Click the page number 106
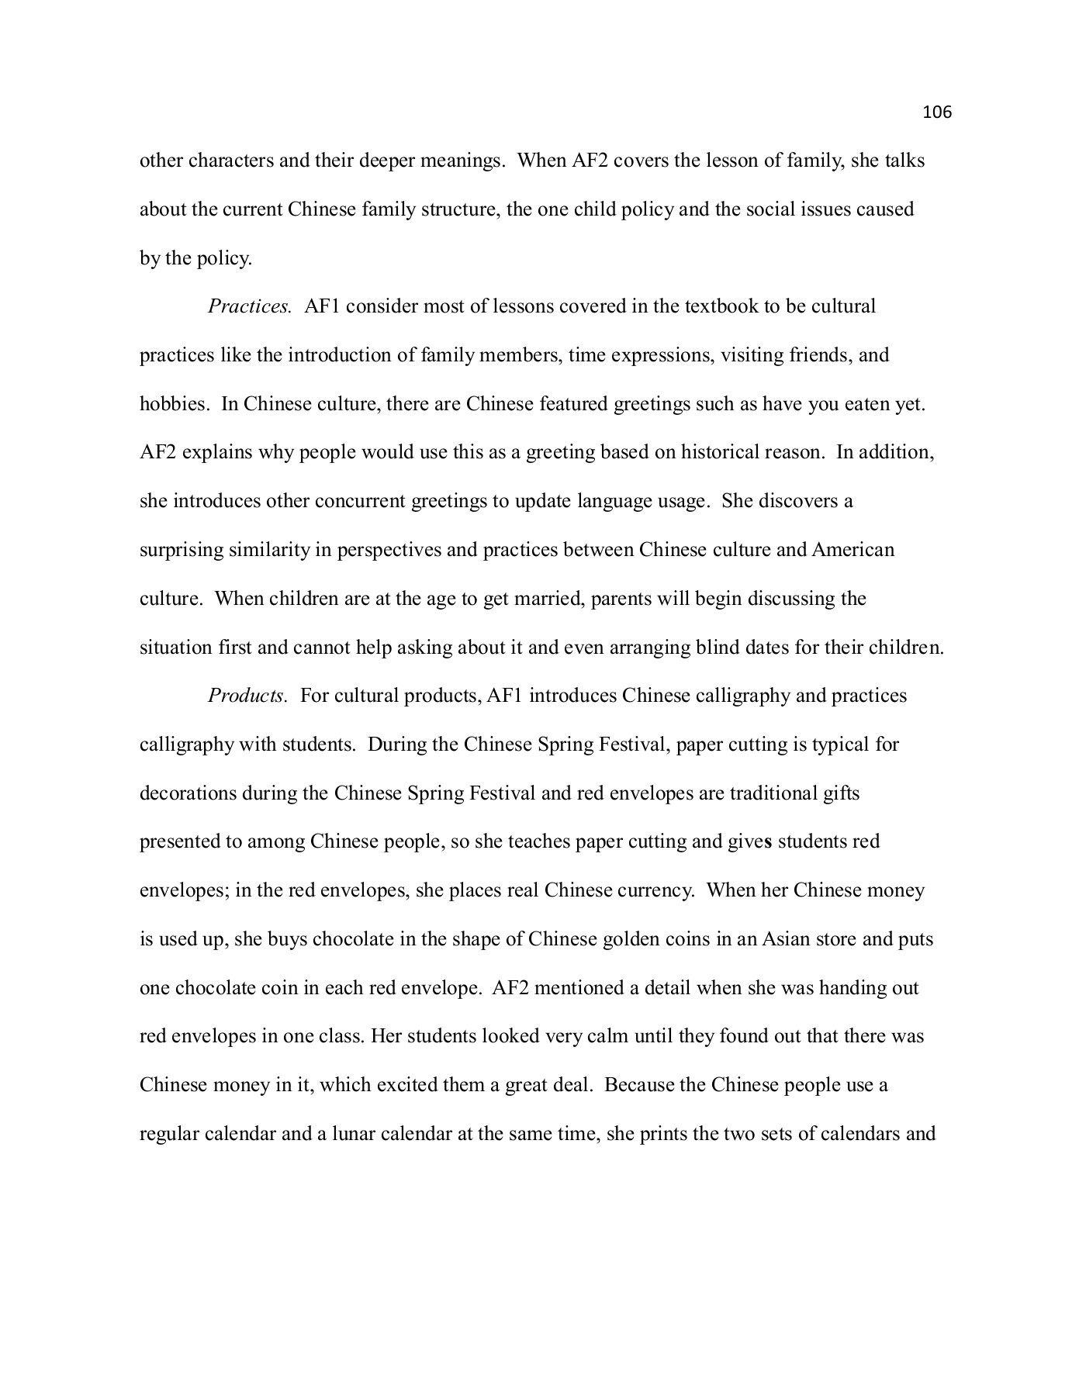click(x=936, y=112)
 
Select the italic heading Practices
click(x=249, y=306)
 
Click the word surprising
click(x=181, y=550)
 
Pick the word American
click(x=852, y=550)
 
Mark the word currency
click(x=655, y=890)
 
